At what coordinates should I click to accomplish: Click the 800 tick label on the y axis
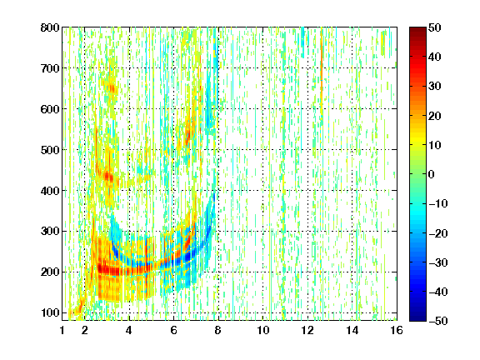(x=50, y=27)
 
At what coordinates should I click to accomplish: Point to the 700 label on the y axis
(x=50, y=68)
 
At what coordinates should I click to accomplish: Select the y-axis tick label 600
(x=50, y=109)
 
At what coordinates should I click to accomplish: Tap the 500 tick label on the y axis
(x=50, y=150)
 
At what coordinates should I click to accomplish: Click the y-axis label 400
(x=50, y=191)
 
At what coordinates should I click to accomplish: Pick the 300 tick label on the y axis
(x=50, y=232)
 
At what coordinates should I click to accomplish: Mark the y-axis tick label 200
(x=50, y=272)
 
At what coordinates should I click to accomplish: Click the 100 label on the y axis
(x=50, y=312)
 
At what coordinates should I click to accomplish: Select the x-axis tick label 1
(x=62, y=330)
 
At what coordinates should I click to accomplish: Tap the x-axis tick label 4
(x=129, y=330)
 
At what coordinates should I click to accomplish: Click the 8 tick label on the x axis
(x=218, y=330)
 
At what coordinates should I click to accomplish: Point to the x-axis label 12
(x=307, y=330)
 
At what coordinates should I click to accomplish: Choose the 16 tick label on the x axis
(x=397, y=330)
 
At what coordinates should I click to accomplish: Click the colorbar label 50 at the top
(x=435, y=27)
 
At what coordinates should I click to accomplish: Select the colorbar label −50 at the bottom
(x=438, y=321)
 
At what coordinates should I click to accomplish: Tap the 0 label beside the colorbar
(x=432, y=174)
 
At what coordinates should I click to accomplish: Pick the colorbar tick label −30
(x=438, y=262)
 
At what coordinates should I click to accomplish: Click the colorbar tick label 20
(x=435, y=116)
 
